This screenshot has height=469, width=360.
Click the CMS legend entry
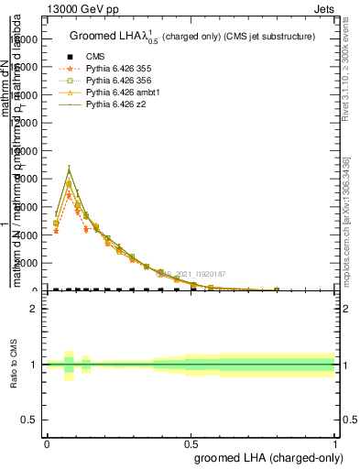95,57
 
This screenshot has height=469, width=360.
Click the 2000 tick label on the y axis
23,264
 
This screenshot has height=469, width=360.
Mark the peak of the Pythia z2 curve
69,169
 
